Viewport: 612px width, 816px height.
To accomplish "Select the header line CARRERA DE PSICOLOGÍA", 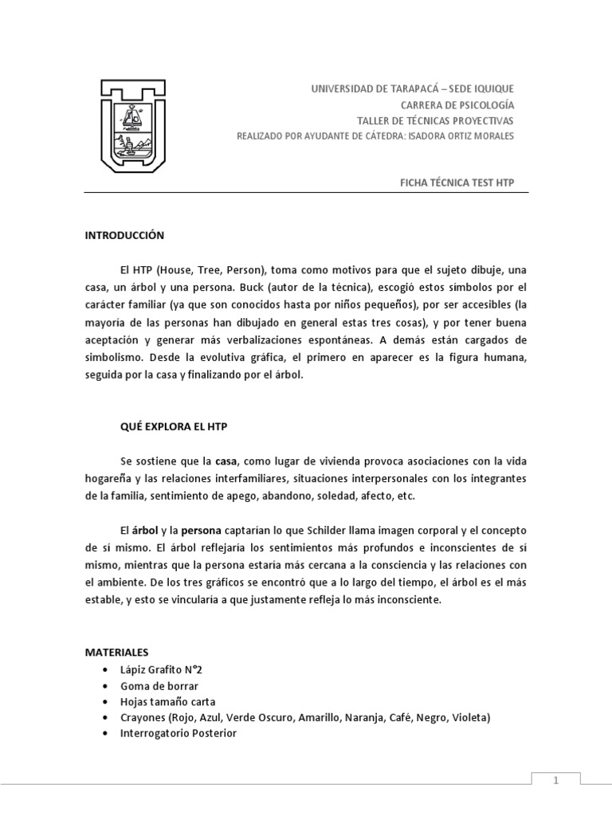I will coord(457,104).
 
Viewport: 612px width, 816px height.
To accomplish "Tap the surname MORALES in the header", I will coord(495,135).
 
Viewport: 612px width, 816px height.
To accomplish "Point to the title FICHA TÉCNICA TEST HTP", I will coord(457,182).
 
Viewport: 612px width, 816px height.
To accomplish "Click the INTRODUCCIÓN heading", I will coord(124,235).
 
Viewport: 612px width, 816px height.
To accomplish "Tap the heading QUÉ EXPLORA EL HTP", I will coord(175,426).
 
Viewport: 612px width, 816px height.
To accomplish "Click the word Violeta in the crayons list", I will coord(470,717).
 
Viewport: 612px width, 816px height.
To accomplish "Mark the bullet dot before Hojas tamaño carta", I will coord(106,702).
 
